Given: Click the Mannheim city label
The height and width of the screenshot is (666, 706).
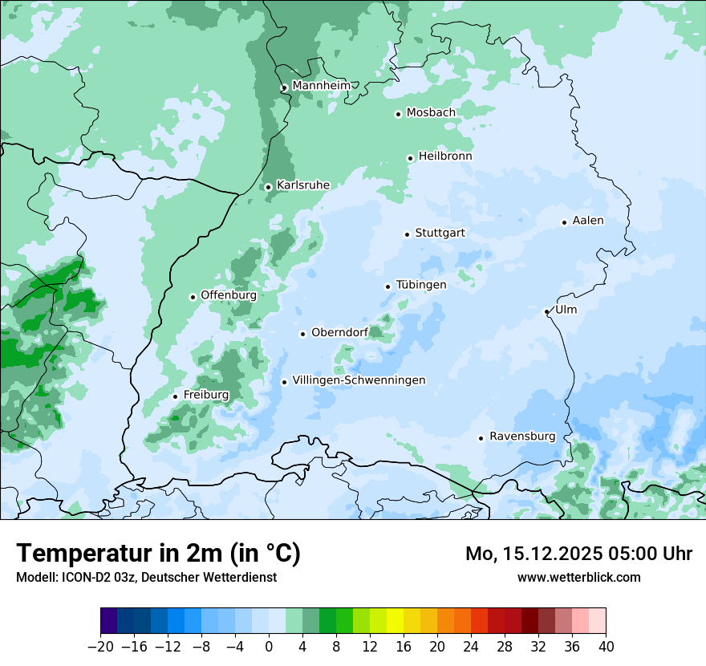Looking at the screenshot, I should pyautogui.click(x=321, y=86).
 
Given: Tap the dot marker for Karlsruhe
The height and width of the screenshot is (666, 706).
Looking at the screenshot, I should pyautogui.click(x=268, y=187).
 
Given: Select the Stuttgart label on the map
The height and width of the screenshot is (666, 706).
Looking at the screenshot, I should pyautogui.click(x=440, y=234).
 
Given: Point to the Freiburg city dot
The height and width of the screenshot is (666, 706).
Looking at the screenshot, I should pyautogui.click(x=175, y=396).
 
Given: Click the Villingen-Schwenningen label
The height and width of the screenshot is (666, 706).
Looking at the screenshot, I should pyautogui.click(x=359, y=380).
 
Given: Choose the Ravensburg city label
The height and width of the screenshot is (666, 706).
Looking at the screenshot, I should pyautogui.click(x=522, y=437).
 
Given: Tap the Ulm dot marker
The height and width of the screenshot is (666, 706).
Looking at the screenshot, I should pyautogui.click(x=546, y=311).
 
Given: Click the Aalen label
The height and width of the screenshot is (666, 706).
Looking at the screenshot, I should pyautogui.click(x=588, y=221).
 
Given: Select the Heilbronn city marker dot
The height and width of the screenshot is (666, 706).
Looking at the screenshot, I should pyautogui.click(x=410, y=158).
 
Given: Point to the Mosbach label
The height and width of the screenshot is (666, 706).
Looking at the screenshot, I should pyautogui.click(x=431, y=113).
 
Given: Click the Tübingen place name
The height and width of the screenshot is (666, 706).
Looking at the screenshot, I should pyautogui.click(x=421, y=285).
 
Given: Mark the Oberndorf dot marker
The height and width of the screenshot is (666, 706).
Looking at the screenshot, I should pyautogui.click(x=302, y=334).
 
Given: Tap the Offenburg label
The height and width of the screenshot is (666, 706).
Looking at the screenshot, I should pyautogui.click(x=229, y=295).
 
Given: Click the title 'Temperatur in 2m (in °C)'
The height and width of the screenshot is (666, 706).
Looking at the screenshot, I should pyautogui.click(x=158, y=553).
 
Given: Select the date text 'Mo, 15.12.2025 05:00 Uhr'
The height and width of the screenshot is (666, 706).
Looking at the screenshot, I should pyautogui.click(x=578, y=554).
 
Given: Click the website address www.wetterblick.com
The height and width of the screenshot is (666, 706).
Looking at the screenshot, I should pyautogui.click(x=578, y=577).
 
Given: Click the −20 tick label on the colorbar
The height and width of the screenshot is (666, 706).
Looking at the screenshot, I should pyautogui.click(x=100, y=647).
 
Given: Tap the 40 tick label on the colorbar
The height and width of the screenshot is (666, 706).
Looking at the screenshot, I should pyautogui.click(x=606, y=647).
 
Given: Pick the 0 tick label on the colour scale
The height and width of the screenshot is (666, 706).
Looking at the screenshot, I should pyautogui.click(x=269, y=647).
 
